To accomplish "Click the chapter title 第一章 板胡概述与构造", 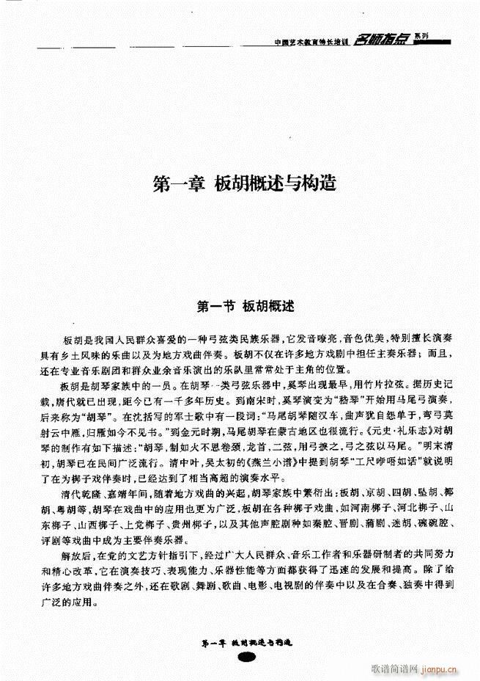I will point(245,183).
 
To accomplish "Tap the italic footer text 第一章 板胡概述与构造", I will point(245,642).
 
